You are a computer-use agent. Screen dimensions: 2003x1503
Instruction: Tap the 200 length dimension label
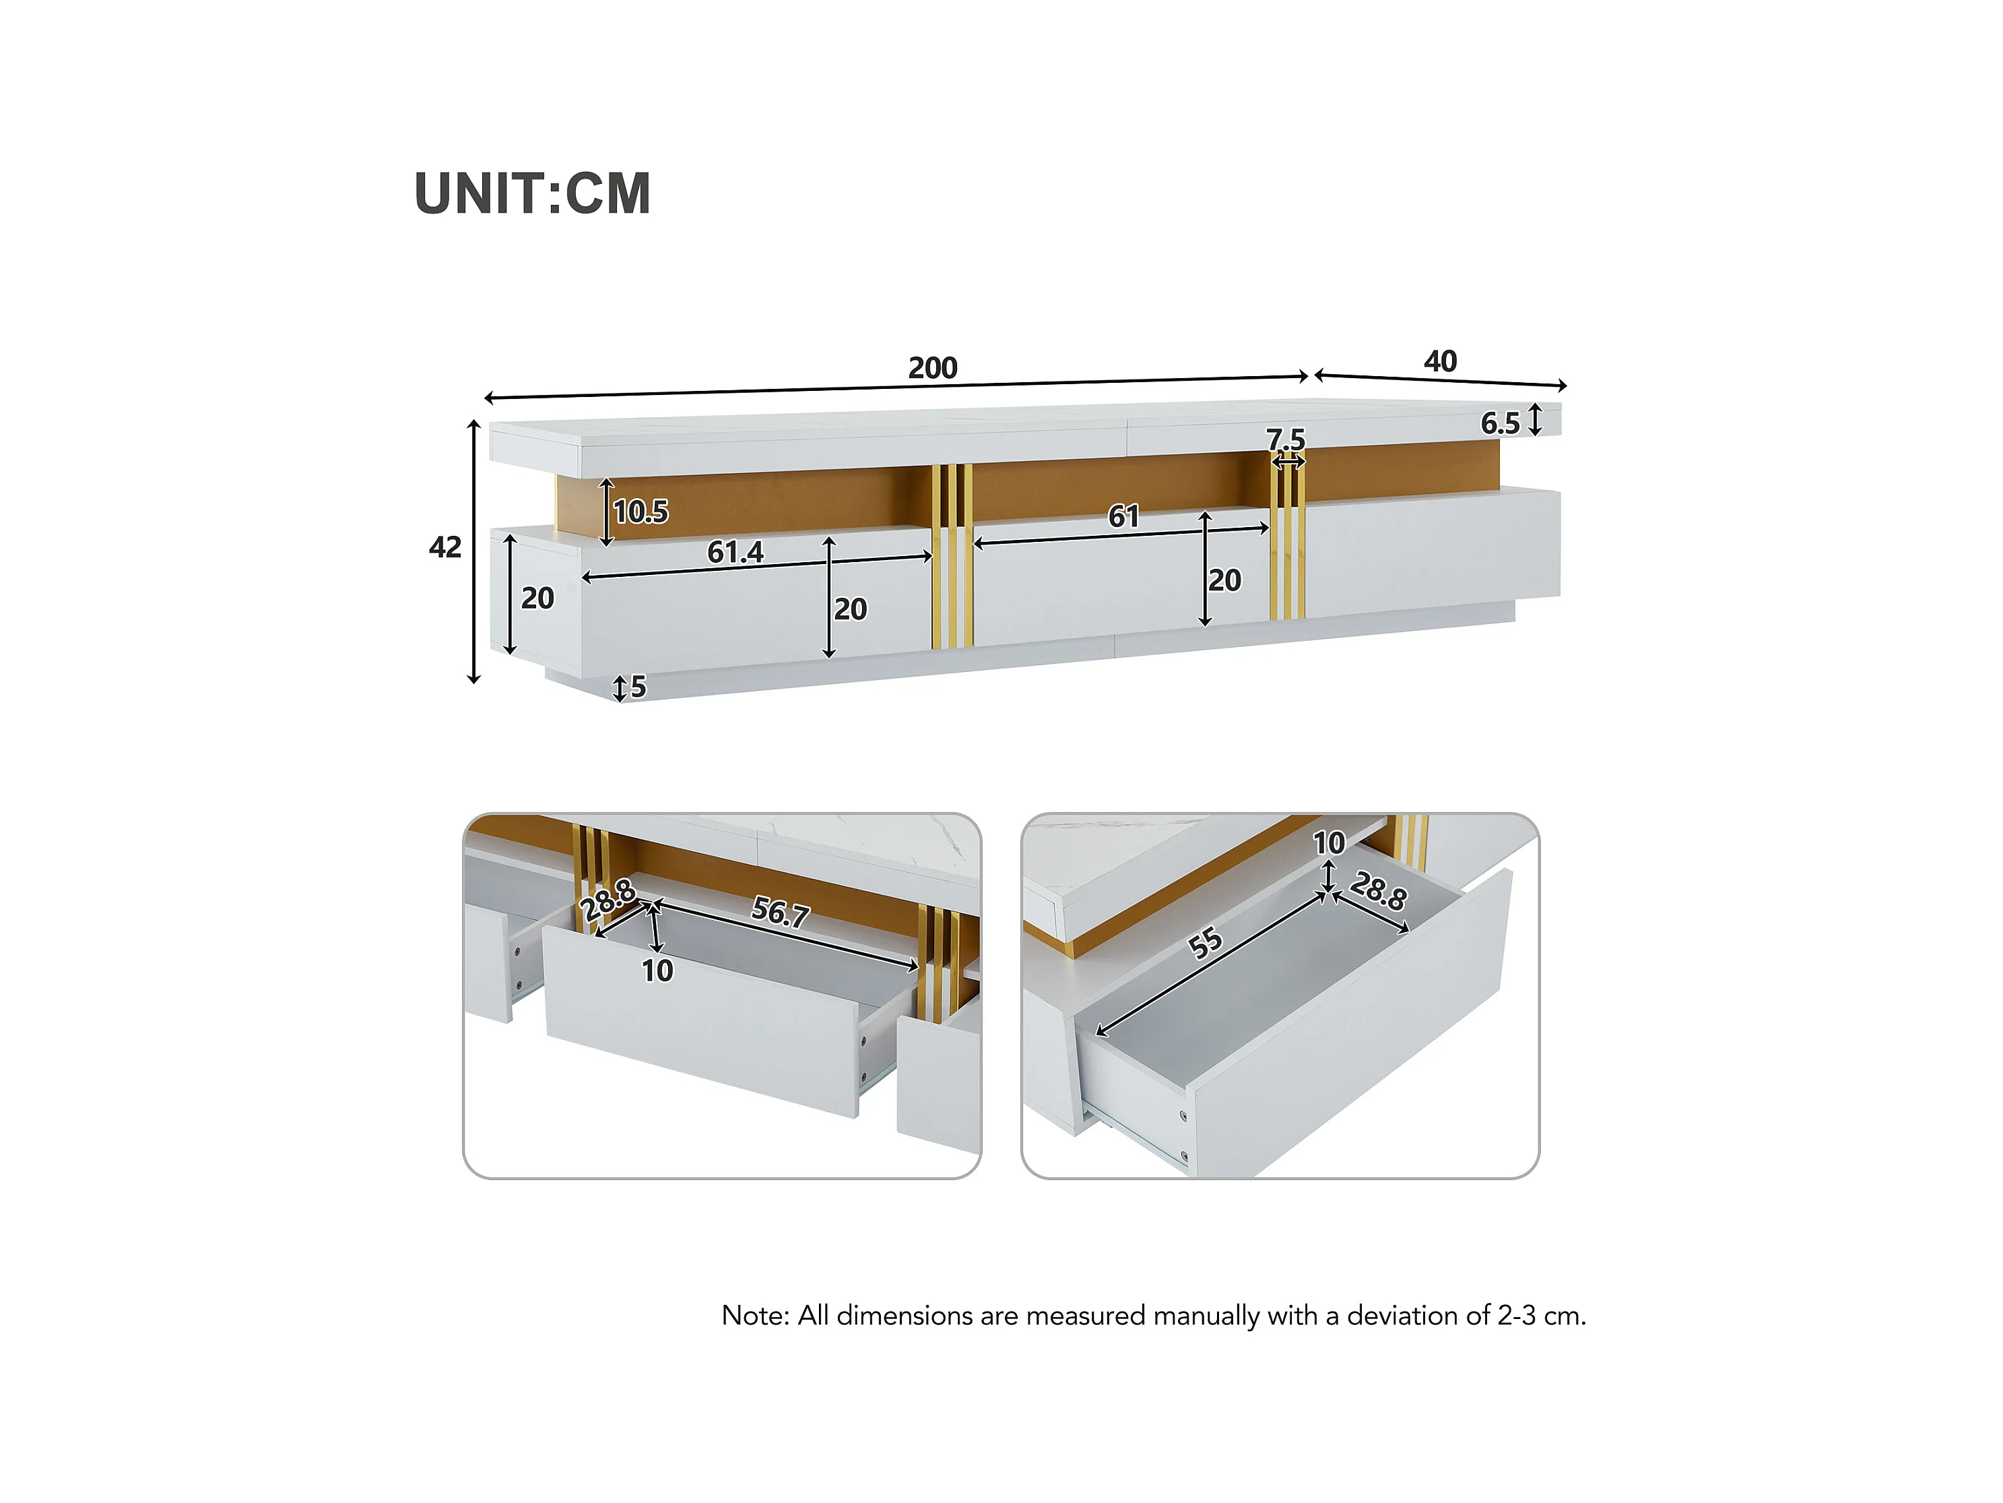coord(933,368)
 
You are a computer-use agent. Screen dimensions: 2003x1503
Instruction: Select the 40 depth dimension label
coord(1441,361)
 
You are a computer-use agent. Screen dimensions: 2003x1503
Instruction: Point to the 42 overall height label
coord(445,547)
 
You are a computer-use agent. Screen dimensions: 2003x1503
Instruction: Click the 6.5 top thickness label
coord(1501,423)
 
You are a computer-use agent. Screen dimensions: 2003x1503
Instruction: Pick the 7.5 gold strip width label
coord(1286,439)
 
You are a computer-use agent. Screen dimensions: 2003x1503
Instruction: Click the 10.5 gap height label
coord(641,512)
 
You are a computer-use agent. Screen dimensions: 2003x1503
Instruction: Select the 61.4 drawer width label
coord(735,552)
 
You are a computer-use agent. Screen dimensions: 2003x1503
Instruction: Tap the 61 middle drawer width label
coord(1124,516)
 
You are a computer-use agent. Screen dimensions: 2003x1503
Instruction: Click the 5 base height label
coord(638,687)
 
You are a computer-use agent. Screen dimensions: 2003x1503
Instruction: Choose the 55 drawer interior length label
coord(1206,943)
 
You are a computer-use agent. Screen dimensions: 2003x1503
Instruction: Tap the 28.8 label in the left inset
coord(608,900)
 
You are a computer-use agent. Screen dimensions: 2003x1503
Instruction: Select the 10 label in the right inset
coord(1329,843)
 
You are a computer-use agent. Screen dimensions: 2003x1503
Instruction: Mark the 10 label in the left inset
coord(657,971)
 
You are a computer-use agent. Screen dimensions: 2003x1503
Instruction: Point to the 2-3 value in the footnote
coord(1517,1316)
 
